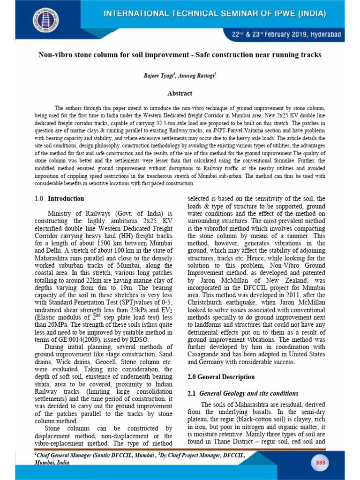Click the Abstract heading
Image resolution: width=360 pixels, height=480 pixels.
pos(180,93)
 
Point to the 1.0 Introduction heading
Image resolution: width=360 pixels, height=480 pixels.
pos(60,199)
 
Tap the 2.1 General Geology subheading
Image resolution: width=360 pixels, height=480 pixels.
pos(242,393)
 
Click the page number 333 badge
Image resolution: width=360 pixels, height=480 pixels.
pos(321,463)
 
